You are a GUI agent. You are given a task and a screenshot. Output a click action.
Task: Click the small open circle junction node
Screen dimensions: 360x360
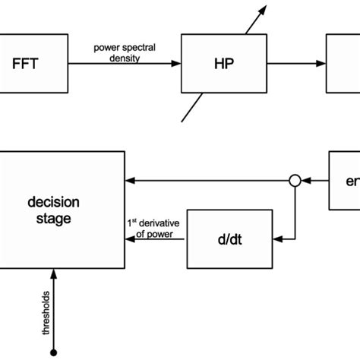coord(296,181)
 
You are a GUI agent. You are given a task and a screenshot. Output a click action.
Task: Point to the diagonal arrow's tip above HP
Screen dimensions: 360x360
coord(267,7)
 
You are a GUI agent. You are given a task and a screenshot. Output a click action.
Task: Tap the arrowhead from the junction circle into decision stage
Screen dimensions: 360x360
coord(131,181)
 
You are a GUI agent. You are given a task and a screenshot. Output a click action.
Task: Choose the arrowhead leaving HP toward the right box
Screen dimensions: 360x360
coord(321,65)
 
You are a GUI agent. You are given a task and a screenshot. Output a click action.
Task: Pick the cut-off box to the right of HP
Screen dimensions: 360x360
coord(343,65)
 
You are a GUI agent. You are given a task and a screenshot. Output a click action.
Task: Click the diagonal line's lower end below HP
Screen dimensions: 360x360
coord(179,121)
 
